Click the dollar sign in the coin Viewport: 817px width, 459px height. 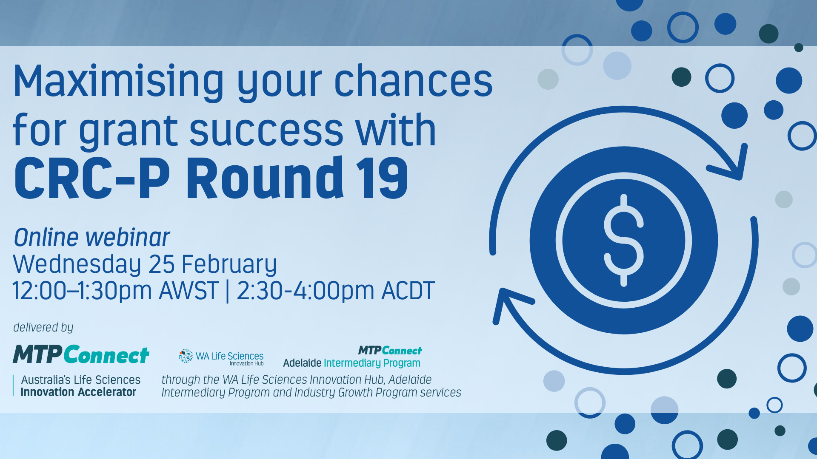tap(624, 240)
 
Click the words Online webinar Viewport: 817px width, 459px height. tap(92, 237)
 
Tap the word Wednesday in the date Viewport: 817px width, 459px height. tap(77, 265)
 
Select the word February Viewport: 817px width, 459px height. tap(229, 265)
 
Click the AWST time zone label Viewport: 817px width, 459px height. tap(189, 291)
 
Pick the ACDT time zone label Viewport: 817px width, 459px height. tap(408, 291)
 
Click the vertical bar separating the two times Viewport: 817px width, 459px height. tap(228, 291)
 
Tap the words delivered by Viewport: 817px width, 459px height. tap(43, 327)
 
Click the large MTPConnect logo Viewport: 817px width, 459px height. tap(81, 354)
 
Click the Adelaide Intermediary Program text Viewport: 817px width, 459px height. tap(351, 363)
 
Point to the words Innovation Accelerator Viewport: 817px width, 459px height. tap(78, 392)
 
